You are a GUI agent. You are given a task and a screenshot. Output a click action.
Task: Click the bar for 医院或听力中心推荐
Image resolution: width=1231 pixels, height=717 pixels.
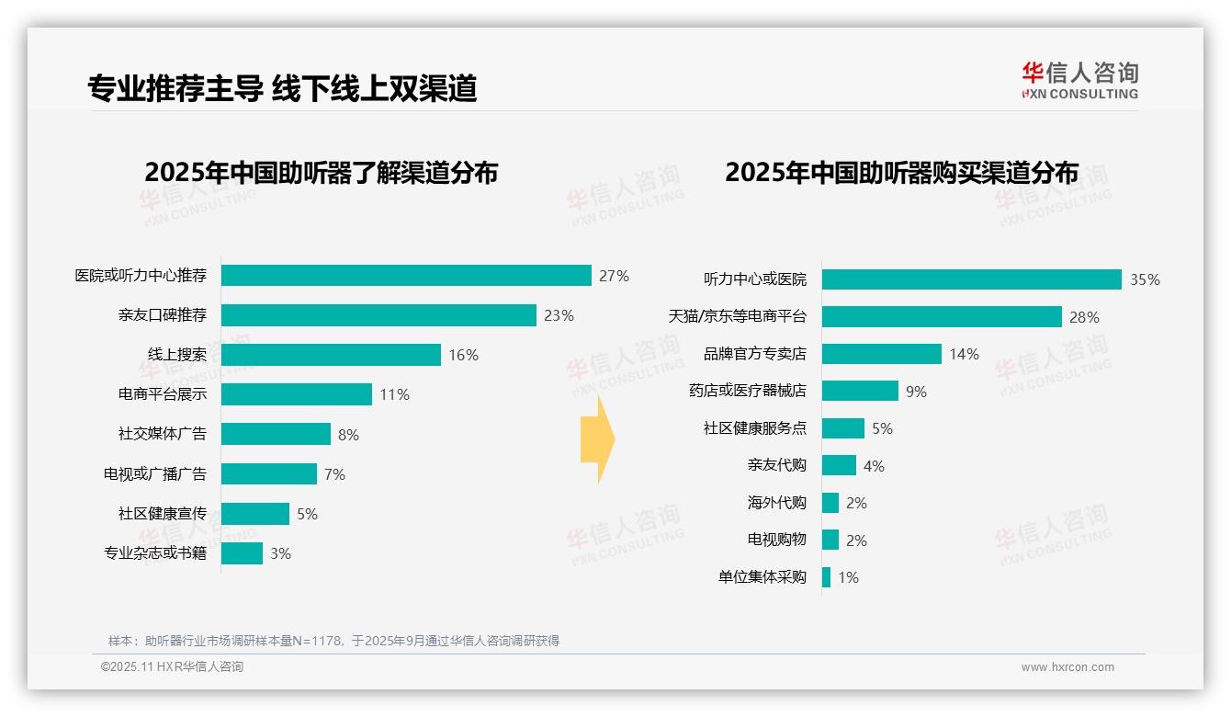(406, 276)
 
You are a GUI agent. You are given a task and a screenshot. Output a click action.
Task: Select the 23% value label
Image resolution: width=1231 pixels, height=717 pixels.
(559, 315)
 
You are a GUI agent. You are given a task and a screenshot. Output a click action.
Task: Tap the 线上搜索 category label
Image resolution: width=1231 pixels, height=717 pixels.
(177, 355)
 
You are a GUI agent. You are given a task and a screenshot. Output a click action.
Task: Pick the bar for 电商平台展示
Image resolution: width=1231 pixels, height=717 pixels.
(296, 394)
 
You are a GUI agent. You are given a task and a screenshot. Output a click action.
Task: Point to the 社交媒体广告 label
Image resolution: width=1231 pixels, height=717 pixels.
(163, 434)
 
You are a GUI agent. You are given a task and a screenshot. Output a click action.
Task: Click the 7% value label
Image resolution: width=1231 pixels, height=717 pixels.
(334, 474)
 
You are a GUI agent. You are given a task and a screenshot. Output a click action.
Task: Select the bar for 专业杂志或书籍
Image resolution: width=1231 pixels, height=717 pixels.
(242, 553)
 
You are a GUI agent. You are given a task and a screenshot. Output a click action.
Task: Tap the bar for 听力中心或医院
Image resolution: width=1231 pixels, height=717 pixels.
(971, 279)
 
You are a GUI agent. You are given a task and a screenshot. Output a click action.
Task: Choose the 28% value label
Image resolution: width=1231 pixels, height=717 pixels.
(1084, 317)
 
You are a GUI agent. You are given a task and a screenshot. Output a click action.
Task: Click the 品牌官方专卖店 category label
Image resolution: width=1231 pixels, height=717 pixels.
(755, 354)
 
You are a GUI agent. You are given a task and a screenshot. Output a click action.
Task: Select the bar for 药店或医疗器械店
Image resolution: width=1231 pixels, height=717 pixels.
(860, 391)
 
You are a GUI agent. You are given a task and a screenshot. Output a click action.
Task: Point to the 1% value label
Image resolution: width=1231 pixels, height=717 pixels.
(848, 578)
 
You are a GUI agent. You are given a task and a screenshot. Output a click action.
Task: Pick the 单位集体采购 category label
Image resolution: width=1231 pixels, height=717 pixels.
(762, 577)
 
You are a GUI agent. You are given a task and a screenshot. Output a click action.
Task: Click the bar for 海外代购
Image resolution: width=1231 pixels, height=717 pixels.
(830, 503)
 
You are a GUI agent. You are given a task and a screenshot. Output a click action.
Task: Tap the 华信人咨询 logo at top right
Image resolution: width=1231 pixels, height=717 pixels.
(1079, 80)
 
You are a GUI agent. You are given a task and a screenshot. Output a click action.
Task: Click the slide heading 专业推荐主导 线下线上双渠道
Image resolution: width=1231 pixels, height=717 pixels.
(282, 88)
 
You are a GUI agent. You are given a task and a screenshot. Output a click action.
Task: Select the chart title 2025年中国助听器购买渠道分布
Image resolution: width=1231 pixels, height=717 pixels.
(901, 172)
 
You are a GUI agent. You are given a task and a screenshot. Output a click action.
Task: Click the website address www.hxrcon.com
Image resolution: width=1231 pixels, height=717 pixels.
(1067, 667)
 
